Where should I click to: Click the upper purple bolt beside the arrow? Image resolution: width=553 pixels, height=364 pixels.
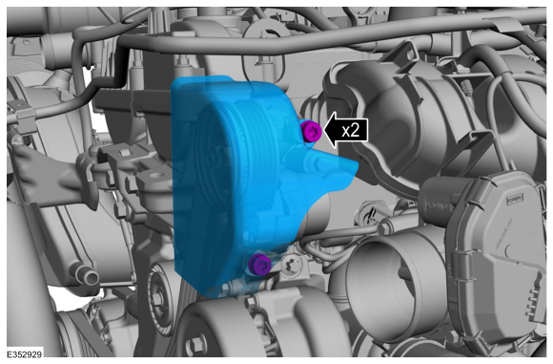tap(312, 131)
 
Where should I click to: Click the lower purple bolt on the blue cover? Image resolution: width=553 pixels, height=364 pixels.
tap(259, 264)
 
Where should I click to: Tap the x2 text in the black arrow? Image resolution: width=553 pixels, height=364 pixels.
tap(351, 131)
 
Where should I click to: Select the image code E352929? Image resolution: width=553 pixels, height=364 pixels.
tap(25, 354)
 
